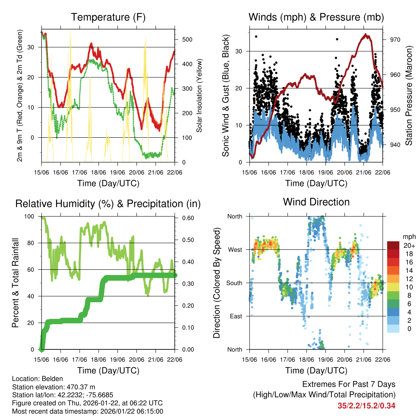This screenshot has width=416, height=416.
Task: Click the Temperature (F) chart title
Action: point(108,17)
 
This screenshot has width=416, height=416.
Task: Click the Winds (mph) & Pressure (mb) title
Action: point(316,17)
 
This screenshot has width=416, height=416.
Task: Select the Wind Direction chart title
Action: point(316,202)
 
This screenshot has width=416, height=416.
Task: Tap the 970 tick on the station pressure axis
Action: point(395,40)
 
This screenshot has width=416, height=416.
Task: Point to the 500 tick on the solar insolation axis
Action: point(187,40)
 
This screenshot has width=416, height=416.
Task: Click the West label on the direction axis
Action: point(235,250)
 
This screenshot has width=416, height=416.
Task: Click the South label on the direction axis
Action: point(234,283)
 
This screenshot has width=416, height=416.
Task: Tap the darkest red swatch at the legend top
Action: point(393,245)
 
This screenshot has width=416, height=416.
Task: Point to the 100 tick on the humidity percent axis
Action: point(31,217)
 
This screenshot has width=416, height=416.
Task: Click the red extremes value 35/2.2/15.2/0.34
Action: point(366,405)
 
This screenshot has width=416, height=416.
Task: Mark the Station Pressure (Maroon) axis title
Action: point(409,95)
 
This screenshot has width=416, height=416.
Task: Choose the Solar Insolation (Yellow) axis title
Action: point(199,95)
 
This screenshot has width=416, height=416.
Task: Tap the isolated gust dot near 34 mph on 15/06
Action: point(256,37)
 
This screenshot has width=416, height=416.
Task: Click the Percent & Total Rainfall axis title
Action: point(15,283)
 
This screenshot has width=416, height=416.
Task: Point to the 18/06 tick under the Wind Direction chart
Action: point(306,359)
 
